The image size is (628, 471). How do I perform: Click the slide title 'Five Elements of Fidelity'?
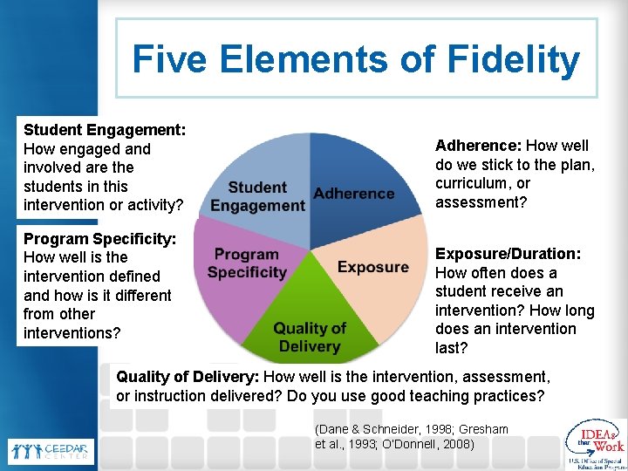tap(356, 59)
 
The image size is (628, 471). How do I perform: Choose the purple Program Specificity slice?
tap(240, 270)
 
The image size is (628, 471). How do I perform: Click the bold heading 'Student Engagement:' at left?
tap(104, 129)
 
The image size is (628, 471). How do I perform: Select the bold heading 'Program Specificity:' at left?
tap(99, 238)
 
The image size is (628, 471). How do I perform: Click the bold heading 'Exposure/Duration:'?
tap(508, 254)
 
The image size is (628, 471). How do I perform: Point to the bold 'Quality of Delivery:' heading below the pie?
tap(188, 378)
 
